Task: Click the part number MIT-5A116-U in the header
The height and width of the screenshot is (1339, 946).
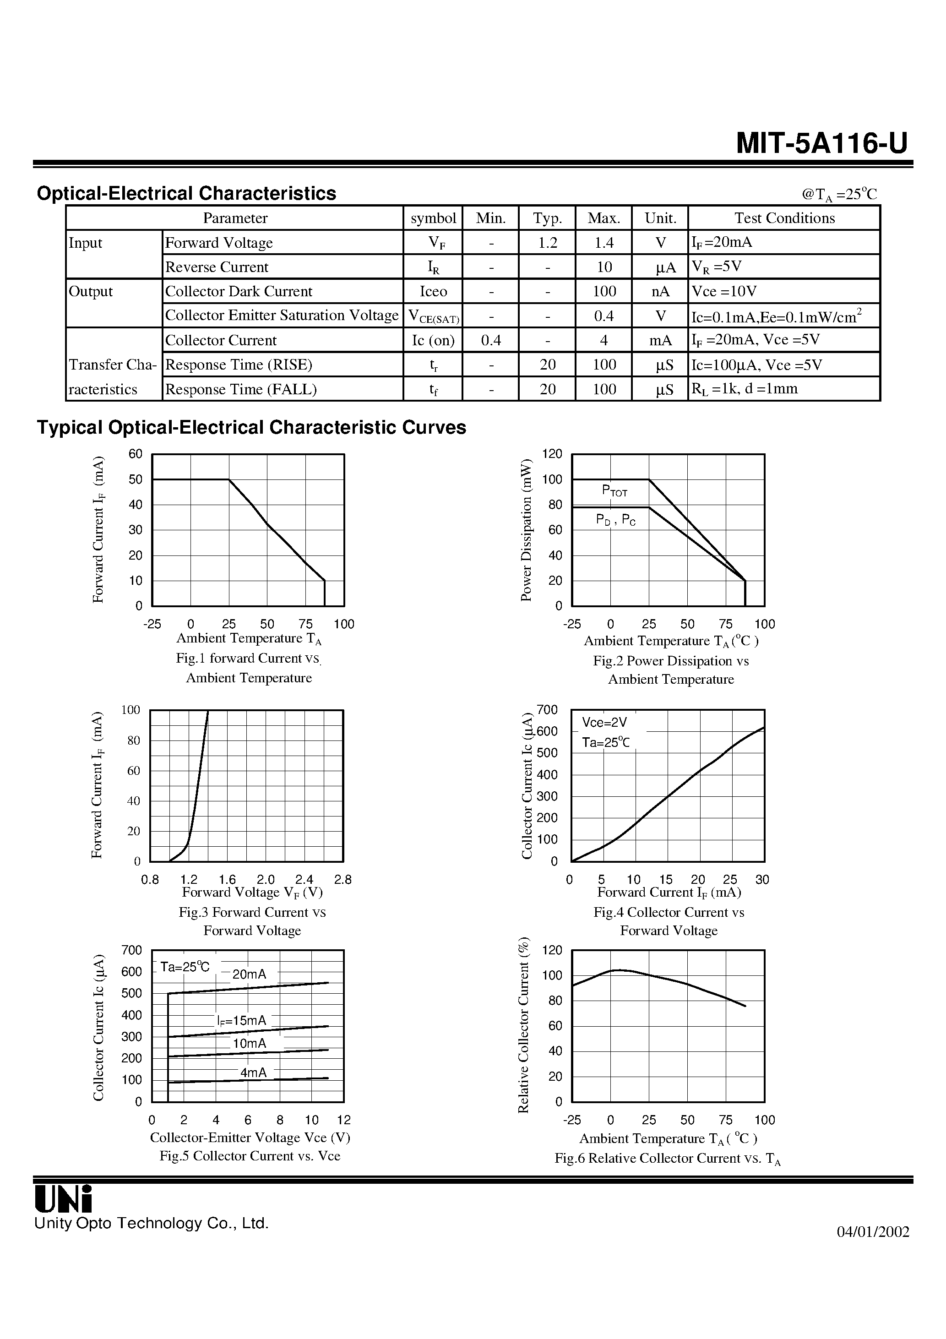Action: click(821, 143)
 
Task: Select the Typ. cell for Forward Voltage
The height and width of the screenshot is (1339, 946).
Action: click(547, 243)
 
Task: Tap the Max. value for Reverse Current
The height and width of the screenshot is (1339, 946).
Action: click(603, 267)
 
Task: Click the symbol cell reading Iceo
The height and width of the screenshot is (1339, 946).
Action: click(433, 292)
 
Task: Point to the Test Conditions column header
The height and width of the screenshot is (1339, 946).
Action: click(784, 218)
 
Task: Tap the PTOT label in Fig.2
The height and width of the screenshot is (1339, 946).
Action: click(614, 490)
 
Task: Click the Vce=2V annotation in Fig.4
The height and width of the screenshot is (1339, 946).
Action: click(604, 723)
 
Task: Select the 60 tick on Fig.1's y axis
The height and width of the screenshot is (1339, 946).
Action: click(136, 454)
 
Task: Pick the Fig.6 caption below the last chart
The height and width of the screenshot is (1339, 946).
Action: click(667, 1159)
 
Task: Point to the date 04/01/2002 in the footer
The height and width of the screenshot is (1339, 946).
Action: click(873, 1232)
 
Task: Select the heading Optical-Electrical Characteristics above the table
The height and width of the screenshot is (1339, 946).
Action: click(187, 194)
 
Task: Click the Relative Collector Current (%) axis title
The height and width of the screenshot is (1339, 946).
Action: click(524, 1025)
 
